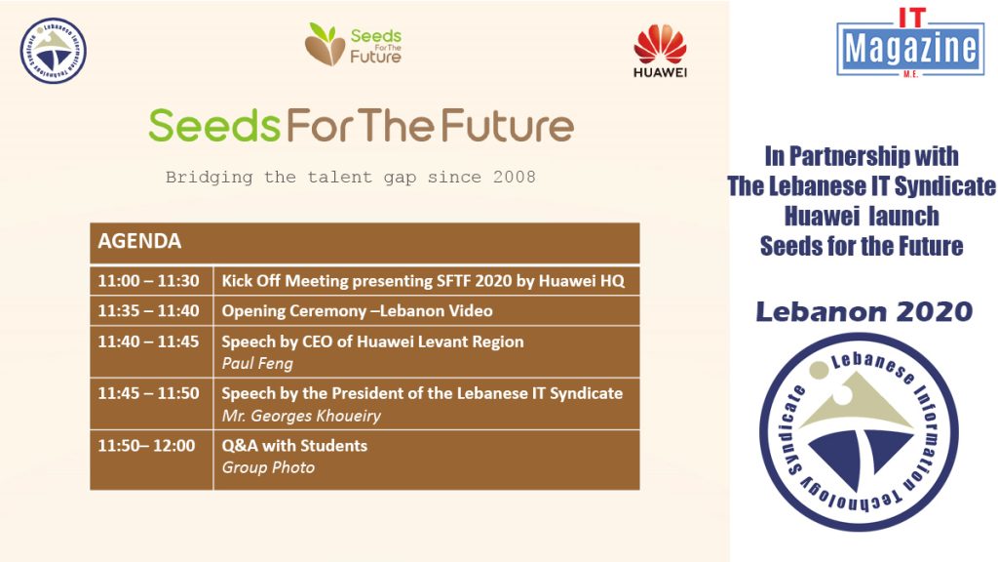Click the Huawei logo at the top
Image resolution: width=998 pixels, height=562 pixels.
[660, 51]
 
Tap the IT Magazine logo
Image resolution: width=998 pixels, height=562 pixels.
[910, 43]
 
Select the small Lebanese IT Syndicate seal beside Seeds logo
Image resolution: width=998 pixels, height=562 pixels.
[53, 51]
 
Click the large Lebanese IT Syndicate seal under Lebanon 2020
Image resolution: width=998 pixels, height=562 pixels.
[859, 431]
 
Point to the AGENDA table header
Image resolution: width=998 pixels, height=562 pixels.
[365, 242]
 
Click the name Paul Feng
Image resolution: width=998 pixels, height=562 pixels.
[257, 363]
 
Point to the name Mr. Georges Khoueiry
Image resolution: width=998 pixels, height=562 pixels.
[301, 416]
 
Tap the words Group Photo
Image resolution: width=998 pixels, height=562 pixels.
[268, 467]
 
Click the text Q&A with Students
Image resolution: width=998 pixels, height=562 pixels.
[294, 445]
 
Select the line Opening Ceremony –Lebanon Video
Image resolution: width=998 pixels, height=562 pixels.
[357, 311]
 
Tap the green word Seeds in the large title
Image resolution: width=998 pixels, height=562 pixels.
[213, 125]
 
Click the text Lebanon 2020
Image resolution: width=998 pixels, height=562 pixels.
[864, 311]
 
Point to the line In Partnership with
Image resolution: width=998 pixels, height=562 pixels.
[862, 156]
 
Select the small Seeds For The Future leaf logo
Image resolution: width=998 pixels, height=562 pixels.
[353, 45]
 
